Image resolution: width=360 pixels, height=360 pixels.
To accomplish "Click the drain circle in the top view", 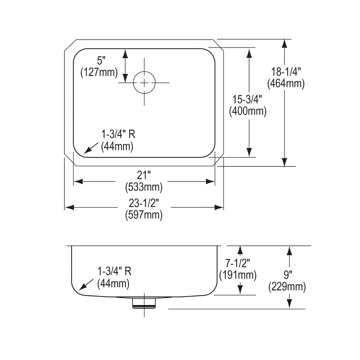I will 144,83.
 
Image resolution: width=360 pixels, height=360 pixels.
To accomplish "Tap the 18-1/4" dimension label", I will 286,72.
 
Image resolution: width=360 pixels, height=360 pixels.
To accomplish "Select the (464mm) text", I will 286,84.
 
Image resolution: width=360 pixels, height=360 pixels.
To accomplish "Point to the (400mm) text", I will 248,112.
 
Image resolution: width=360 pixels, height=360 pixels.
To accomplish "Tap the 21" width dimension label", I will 144,175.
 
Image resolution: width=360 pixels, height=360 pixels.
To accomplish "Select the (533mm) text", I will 144,187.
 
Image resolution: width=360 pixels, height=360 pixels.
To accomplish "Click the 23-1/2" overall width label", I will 144,203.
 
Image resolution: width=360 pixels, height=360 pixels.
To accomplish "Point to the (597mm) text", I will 144,215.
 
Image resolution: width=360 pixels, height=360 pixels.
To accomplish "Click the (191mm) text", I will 238,275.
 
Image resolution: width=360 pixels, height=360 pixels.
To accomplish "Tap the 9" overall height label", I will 287,275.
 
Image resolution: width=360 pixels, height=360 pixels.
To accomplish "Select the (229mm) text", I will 287,287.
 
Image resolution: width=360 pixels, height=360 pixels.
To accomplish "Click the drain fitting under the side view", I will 144,303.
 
